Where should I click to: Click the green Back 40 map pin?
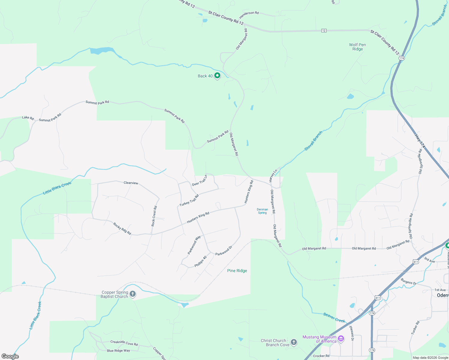coord(217,76)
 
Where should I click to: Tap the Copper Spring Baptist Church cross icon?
coord(133,294)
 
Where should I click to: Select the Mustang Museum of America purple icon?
coord(341,339)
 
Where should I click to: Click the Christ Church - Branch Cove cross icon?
coord(294,342)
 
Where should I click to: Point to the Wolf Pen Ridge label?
coord(357,47)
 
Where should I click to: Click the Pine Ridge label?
coord(237,271)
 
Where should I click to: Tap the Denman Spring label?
coord(262,211)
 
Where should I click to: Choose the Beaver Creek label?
coord(334,317)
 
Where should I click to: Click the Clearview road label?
coord(131,183)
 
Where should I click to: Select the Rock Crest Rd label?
coord(154,216)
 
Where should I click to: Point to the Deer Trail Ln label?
coord(200,180)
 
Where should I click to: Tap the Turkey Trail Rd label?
coord(189,201)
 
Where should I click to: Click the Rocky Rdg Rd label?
coord(122,229)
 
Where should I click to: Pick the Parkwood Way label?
coord(194,245)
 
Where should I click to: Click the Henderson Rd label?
coord(249,15)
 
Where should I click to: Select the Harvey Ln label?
coord(273,176)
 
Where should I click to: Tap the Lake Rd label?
coord(28,118)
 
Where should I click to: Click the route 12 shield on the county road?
coord(324,31)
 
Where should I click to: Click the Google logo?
coord(10,356)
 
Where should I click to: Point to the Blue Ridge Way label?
coord(119,350)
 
